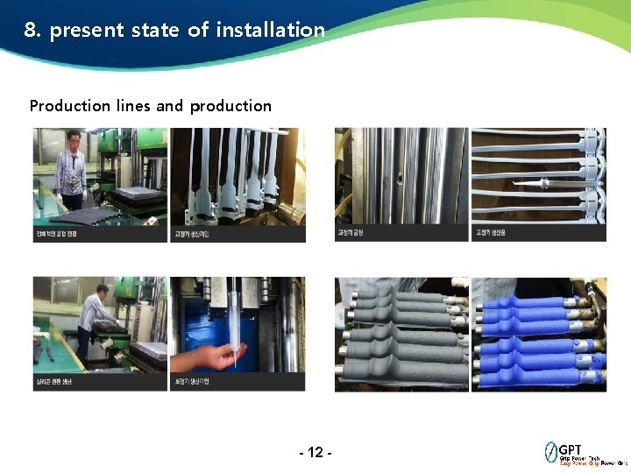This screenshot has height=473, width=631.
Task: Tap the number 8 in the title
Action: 30,30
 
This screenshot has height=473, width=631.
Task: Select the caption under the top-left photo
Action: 56,234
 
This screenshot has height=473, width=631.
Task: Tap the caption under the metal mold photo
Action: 350,234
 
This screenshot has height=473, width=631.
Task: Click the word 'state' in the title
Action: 158,30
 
